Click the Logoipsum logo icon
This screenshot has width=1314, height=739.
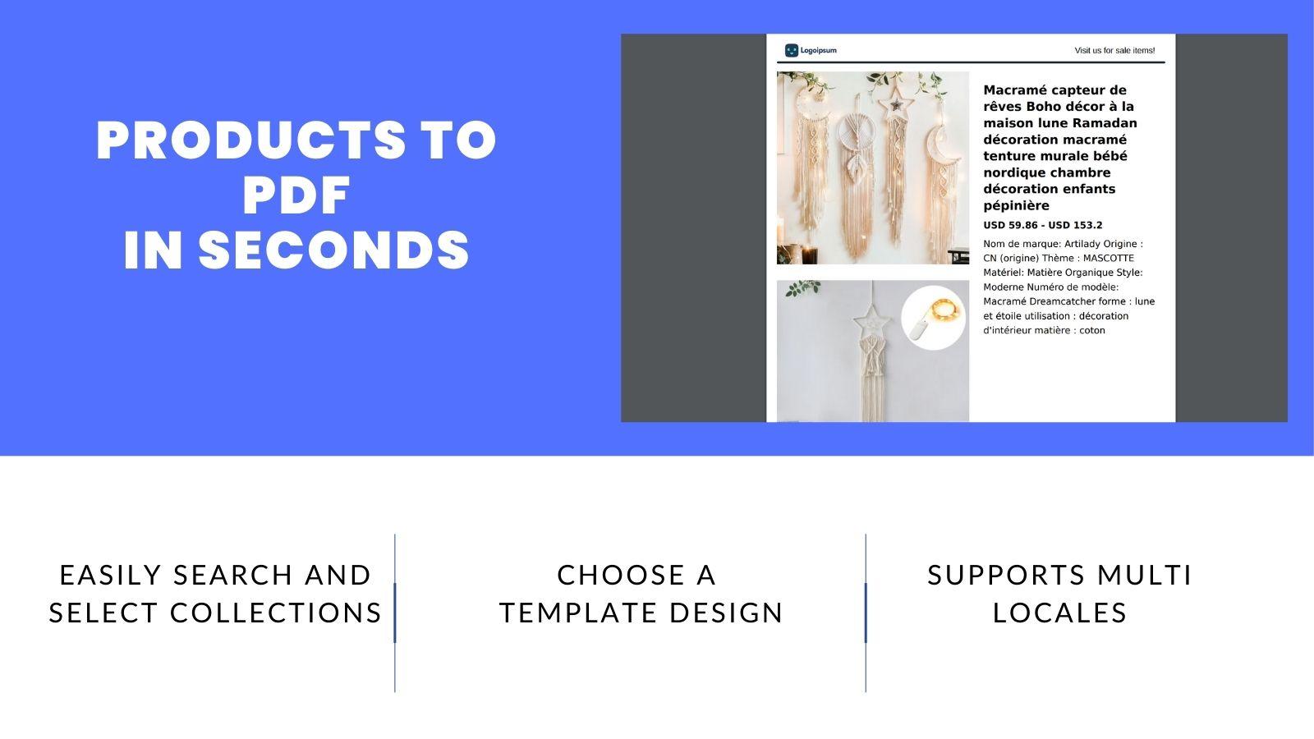[x=792, y=51]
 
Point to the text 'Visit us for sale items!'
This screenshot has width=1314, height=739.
[x=1114, y=51]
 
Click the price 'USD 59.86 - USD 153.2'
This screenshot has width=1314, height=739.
[x=1042, y=225]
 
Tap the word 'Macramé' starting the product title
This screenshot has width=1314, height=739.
[x=1013, y=90]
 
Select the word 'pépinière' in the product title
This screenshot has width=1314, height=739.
[x=1016, y=205]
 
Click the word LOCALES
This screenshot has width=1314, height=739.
[x=1059, y=613]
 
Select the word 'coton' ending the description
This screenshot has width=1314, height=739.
[x=1092, y=330]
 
